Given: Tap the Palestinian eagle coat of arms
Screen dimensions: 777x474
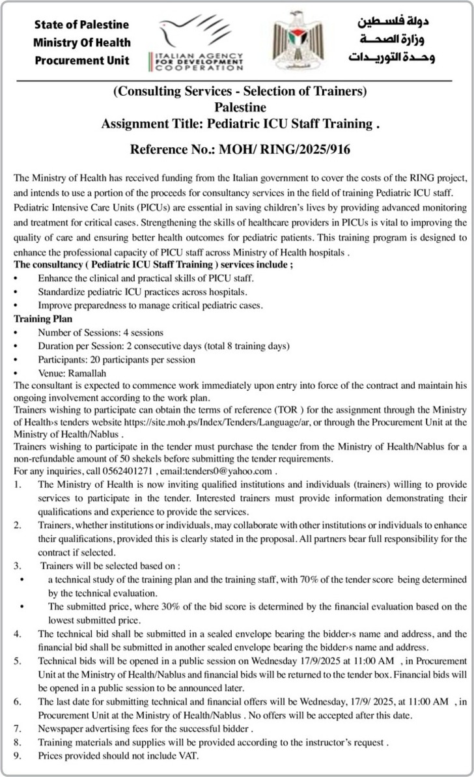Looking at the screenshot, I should tap(298, 40).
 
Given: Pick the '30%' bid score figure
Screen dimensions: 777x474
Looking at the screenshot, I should tap(163, 606).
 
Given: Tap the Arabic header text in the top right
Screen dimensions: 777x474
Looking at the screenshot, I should tap(395, 40).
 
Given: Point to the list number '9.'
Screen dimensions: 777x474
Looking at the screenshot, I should tap(18, 756).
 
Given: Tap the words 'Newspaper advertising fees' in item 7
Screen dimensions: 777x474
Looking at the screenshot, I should tap(91, 728).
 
